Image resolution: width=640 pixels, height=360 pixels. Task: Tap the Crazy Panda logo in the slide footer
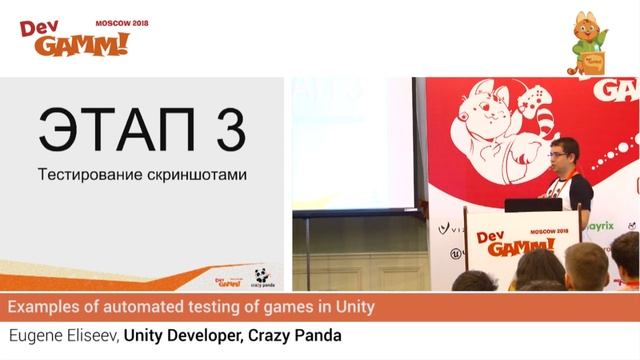(261, 278)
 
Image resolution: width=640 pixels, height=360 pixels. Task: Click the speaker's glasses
(558, 155)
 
